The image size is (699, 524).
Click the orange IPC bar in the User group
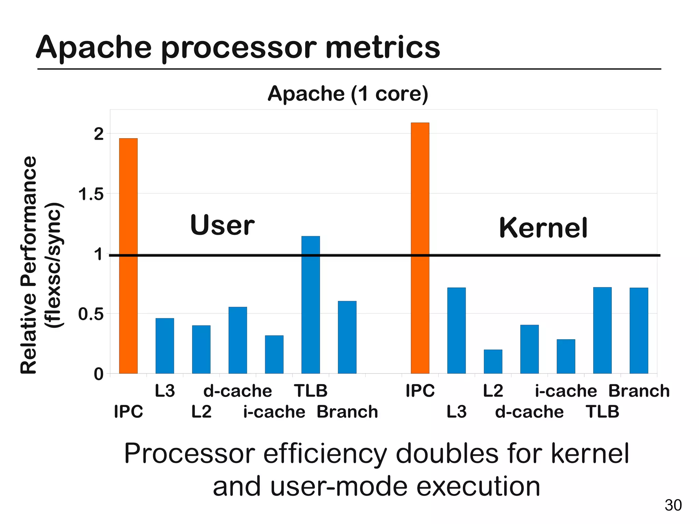tap(128, 256)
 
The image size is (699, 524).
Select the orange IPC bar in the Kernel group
tap(420, 248)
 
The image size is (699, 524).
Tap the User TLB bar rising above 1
tap(311, 305)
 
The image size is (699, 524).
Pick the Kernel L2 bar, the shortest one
tap(493, 362)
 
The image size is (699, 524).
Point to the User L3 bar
tap(165, 346)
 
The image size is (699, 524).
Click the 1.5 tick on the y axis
tap(91, 195)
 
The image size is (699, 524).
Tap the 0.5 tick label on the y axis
tap(91, 314)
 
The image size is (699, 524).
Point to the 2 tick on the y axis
tap(99, 134)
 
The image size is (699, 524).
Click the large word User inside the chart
tap(222, 225)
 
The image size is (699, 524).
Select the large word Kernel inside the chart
tap(543, 228)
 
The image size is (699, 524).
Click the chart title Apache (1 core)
tap(347, 94)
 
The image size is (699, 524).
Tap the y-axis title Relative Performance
tap(29, 265)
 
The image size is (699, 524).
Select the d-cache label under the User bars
tap(238, 391)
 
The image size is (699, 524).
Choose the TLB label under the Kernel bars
tap(602, 412)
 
